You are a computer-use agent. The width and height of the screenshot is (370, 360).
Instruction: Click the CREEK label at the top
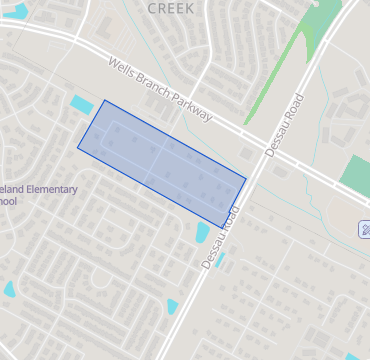point(171,7)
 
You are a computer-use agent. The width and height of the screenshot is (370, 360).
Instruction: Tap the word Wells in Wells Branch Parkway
point(122,69)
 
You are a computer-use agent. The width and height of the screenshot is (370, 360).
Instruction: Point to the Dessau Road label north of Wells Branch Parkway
point(284,122)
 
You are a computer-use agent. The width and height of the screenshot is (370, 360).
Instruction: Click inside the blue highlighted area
point(160,160)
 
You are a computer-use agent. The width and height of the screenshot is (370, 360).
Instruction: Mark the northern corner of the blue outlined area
point(105,100)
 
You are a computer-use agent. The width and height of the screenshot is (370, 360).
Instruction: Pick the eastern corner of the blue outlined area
point(246,180)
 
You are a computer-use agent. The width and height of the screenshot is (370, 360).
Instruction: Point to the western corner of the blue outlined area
point(78,148)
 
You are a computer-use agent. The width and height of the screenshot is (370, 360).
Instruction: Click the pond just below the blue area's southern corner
point(202,234)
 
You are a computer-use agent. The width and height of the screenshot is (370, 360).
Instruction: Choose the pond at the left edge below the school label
point(9,290)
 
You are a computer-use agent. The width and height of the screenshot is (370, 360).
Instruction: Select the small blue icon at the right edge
point(366,229)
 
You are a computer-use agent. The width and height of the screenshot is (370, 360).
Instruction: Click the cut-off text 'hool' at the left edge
point(8,201)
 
